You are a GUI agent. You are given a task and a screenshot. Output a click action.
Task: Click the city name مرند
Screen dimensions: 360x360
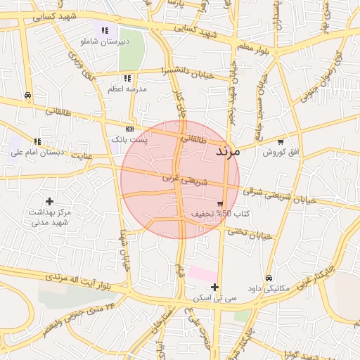tap(228, 151)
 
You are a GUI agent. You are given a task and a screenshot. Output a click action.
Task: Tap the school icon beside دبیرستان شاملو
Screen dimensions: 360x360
tap(105, 30)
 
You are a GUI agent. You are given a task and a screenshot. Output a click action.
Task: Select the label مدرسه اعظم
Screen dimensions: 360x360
tap(127, 89)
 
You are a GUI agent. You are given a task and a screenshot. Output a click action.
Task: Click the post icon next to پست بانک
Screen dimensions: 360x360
tap(129, 129)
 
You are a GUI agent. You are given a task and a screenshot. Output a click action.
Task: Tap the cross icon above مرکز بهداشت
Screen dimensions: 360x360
tap(49, 202)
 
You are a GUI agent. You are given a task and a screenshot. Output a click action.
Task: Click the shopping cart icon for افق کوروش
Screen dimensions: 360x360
tap(281, 141)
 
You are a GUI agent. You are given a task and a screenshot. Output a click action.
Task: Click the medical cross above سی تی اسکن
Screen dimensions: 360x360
tap(214, 287)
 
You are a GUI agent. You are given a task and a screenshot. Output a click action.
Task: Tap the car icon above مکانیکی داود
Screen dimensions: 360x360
tap(269, 278)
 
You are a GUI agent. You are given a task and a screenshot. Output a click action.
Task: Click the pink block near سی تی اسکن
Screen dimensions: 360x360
tap(202, 274)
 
